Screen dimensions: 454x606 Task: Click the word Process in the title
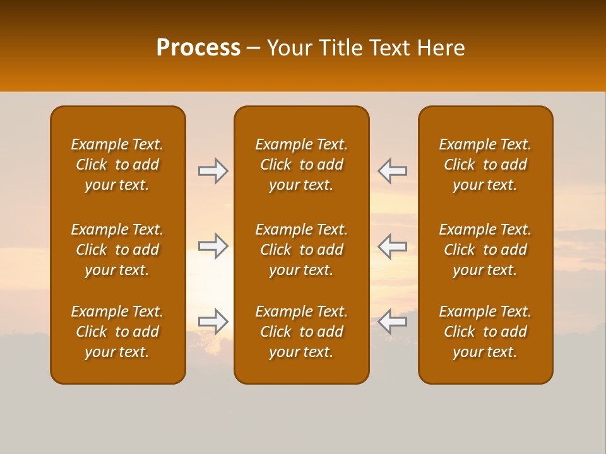click(x=198, y=48)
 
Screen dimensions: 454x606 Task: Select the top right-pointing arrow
click(x=213, y=171)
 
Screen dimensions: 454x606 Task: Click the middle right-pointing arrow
click(x=213, y=246)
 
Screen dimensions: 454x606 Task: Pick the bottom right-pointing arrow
click(x=213, y=322)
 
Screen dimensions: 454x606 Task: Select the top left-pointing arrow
click(x=393, y=171)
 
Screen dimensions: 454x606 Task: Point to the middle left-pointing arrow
click(x=393, y=246)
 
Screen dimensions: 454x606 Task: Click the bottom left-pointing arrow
click(x=393, y=322)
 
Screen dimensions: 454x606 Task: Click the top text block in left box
click(x=117, y=165)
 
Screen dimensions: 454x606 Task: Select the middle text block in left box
click(x=117, y=250)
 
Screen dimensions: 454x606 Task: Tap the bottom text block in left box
click(x=117, y=332)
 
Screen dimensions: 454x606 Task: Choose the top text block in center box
click(x=302, y=165)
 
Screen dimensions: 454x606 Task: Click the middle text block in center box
click(x=302, y=250)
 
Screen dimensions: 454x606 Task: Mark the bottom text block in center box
click(x=302, y=332)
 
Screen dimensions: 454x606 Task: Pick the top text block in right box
click(x=485, y=165)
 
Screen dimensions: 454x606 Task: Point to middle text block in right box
click(x=485, y=250)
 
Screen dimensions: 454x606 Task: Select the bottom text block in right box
click(x=485, y=332)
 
